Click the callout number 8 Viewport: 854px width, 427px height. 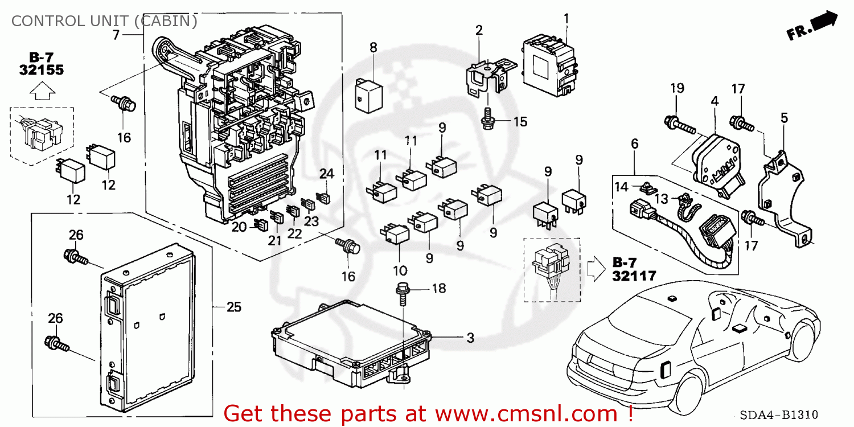(373, 48)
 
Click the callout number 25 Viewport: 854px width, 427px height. (234, 307)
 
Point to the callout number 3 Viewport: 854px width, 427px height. (470, 338)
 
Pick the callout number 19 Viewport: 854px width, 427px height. (676, 88)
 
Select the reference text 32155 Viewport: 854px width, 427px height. (42, 70)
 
